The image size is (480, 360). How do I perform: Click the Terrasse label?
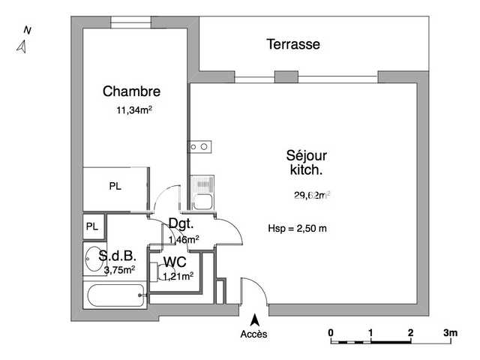click(x=293, y=44)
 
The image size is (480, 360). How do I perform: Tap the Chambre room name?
click(x=131, y=91)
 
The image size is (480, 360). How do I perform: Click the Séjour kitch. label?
click(x=306, y=163)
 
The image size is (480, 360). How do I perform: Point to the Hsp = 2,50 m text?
click(x=298, y=229)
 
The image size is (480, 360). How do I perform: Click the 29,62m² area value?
click(x=312, y=196)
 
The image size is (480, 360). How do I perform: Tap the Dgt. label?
click(x=181, y=223)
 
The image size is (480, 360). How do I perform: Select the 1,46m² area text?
click(x=183, y=239)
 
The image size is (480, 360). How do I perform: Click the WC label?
click(x=175, y=262)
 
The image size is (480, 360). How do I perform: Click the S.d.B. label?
click(x=118, y=256)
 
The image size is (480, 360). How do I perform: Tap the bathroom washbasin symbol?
click(x=93, y=257)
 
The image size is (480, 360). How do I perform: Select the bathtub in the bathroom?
click(x=115, y=295)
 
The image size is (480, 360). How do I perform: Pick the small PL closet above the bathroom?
click(x=92, y=226)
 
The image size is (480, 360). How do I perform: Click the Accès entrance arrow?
click(x=253, y=319)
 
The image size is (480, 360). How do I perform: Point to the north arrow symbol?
click(x=22, y=46)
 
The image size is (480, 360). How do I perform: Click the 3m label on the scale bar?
click(x=450, y=331)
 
